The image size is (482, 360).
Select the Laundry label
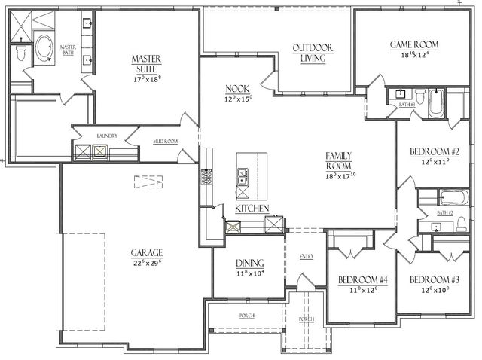click(x=106, y=136)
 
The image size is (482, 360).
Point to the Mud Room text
click(x=165, y=141)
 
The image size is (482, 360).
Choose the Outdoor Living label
click(x=313, y=53)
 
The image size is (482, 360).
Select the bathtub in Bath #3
click(x=435, y=104)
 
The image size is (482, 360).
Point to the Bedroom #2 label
click(x=435, y=151)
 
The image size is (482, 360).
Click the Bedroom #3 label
click(x=434, y=279)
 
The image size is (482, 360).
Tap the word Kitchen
click(x=252, y=206)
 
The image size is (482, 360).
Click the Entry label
click(x=307, y=257)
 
